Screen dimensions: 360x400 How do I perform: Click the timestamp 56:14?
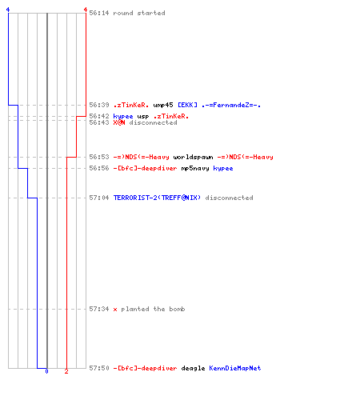(x=99, y=13)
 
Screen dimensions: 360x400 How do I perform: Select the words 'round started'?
(x=139, y=13)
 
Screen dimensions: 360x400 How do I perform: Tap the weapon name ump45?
(x=163, y=105)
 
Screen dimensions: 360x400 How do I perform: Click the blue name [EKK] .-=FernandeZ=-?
(x=219, y=105)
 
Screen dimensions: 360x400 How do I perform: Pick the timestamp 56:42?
(x=99, y=116)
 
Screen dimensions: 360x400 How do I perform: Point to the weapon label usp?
(x=143, y=116)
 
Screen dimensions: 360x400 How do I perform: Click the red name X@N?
(x=119, y=122)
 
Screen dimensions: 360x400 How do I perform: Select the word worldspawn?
(x=193, y=157)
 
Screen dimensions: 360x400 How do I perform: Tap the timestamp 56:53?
(x=99, y=157)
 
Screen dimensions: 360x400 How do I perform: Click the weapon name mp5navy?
(x=195, y=168)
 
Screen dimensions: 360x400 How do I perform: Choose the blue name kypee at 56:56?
(x=223, y=168)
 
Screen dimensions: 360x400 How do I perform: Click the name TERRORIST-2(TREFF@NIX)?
(x=157, y=198)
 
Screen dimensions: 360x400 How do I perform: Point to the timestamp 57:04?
(x=99, y=198)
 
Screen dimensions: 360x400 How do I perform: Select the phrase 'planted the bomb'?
(x=153, y=309)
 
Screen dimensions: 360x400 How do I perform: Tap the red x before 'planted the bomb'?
(x=115, y=310)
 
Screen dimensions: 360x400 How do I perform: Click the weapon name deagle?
(x=193, y=368)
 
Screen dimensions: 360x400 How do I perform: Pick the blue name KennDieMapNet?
(x=235, y=368)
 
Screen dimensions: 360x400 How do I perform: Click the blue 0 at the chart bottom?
(x=46, y=371)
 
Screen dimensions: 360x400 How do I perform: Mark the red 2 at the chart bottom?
(x=66, y=371)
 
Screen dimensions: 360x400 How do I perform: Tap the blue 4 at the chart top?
(x=8, y=10)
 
